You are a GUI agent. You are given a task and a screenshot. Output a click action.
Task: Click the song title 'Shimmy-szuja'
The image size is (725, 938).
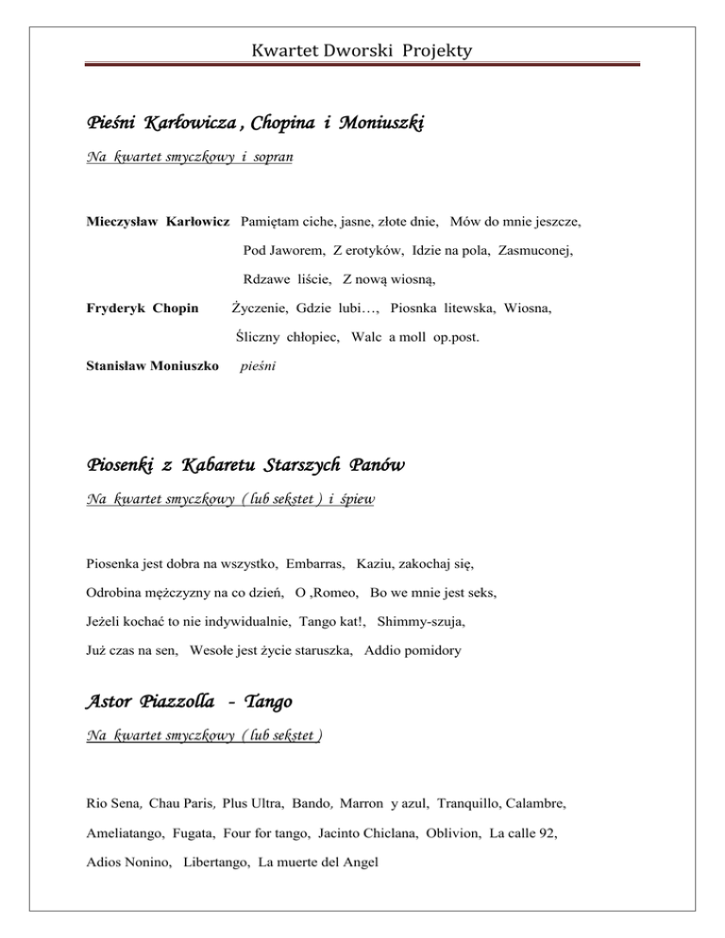tap(426, 623)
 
